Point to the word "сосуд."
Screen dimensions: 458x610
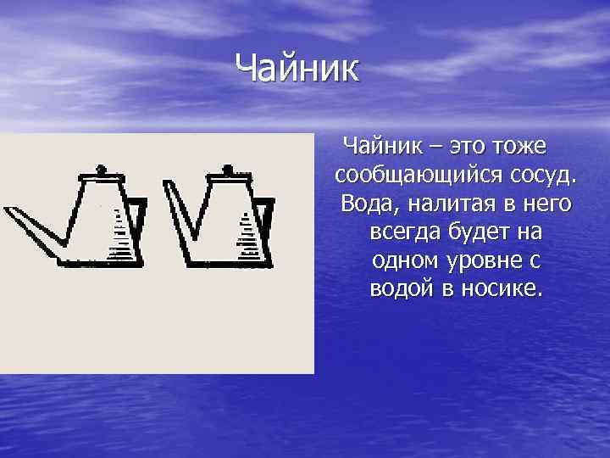coord(543,176)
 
